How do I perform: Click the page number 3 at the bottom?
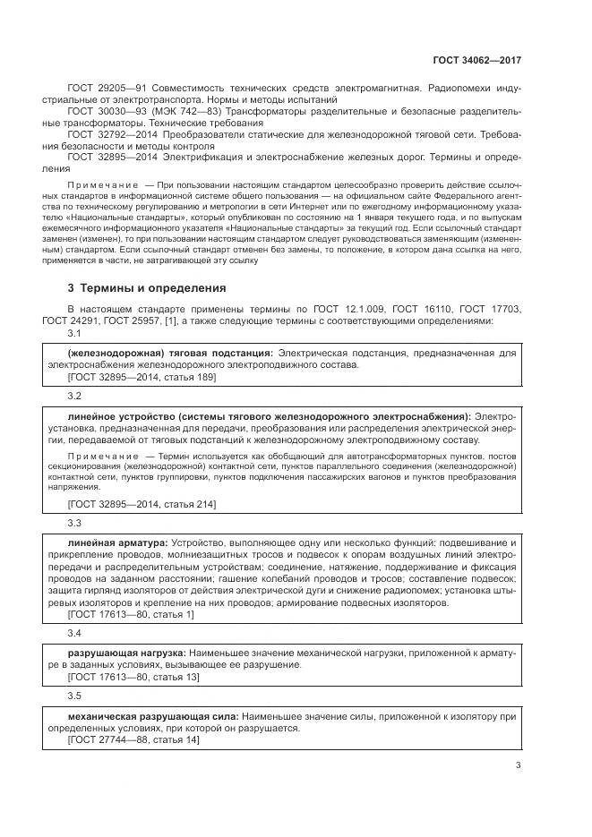[x=519, y=764]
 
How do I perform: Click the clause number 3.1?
[x=74, y=333]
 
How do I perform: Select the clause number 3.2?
[x=74, y=395]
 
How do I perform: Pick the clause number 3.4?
[x=74, y=633]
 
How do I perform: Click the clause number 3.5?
[x=74, y=696]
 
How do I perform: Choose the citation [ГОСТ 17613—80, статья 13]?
[x=133, y=678]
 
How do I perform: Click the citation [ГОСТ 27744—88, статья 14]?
[x=133, y=740]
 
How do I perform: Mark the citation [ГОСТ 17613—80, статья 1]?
[x=131, y=615]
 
